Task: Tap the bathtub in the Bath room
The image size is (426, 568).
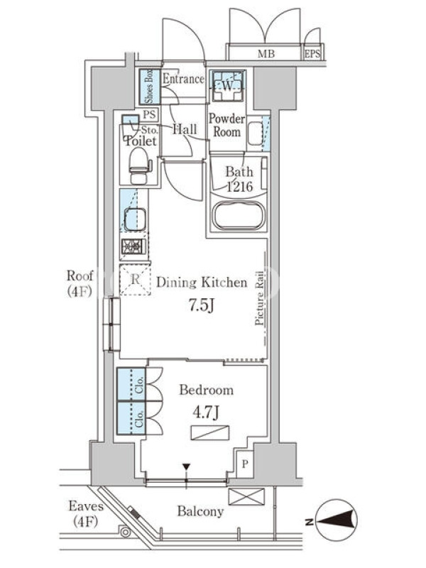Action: [x=239, y=216]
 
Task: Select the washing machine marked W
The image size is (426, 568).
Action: [x=227, y=86]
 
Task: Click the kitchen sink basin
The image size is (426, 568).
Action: [x=135, y=219]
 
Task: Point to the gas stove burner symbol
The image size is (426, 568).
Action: [x=133, y=246]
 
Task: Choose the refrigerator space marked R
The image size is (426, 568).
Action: [x=135, y=280]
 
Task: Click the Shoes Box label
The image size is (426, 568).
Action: [x=149, y=87]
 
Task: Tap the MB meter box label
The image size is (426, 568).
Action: [x=266, y=54]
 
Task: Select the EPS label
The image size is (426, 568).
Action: [x=312, y=54]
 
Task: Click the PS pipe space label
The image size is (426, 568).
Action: [x=149, y=115]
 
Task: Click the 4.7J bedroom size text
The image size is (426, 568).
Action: [x=205, y=413]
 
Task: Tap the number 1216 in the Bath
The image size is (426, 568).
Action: [x=239, y=187]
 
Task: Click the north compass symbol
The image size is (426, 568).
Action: [x=336, y=520]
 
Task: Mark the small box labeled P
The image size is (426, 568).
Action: [x=245, y=464]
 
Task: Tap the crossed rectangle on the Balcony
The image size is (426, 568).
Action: [x=246, y=496]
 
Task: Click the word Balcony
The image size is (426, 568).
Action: [x=200, y=511]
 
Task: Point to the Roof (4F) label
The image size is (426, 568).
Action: [x=80, y=283]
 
